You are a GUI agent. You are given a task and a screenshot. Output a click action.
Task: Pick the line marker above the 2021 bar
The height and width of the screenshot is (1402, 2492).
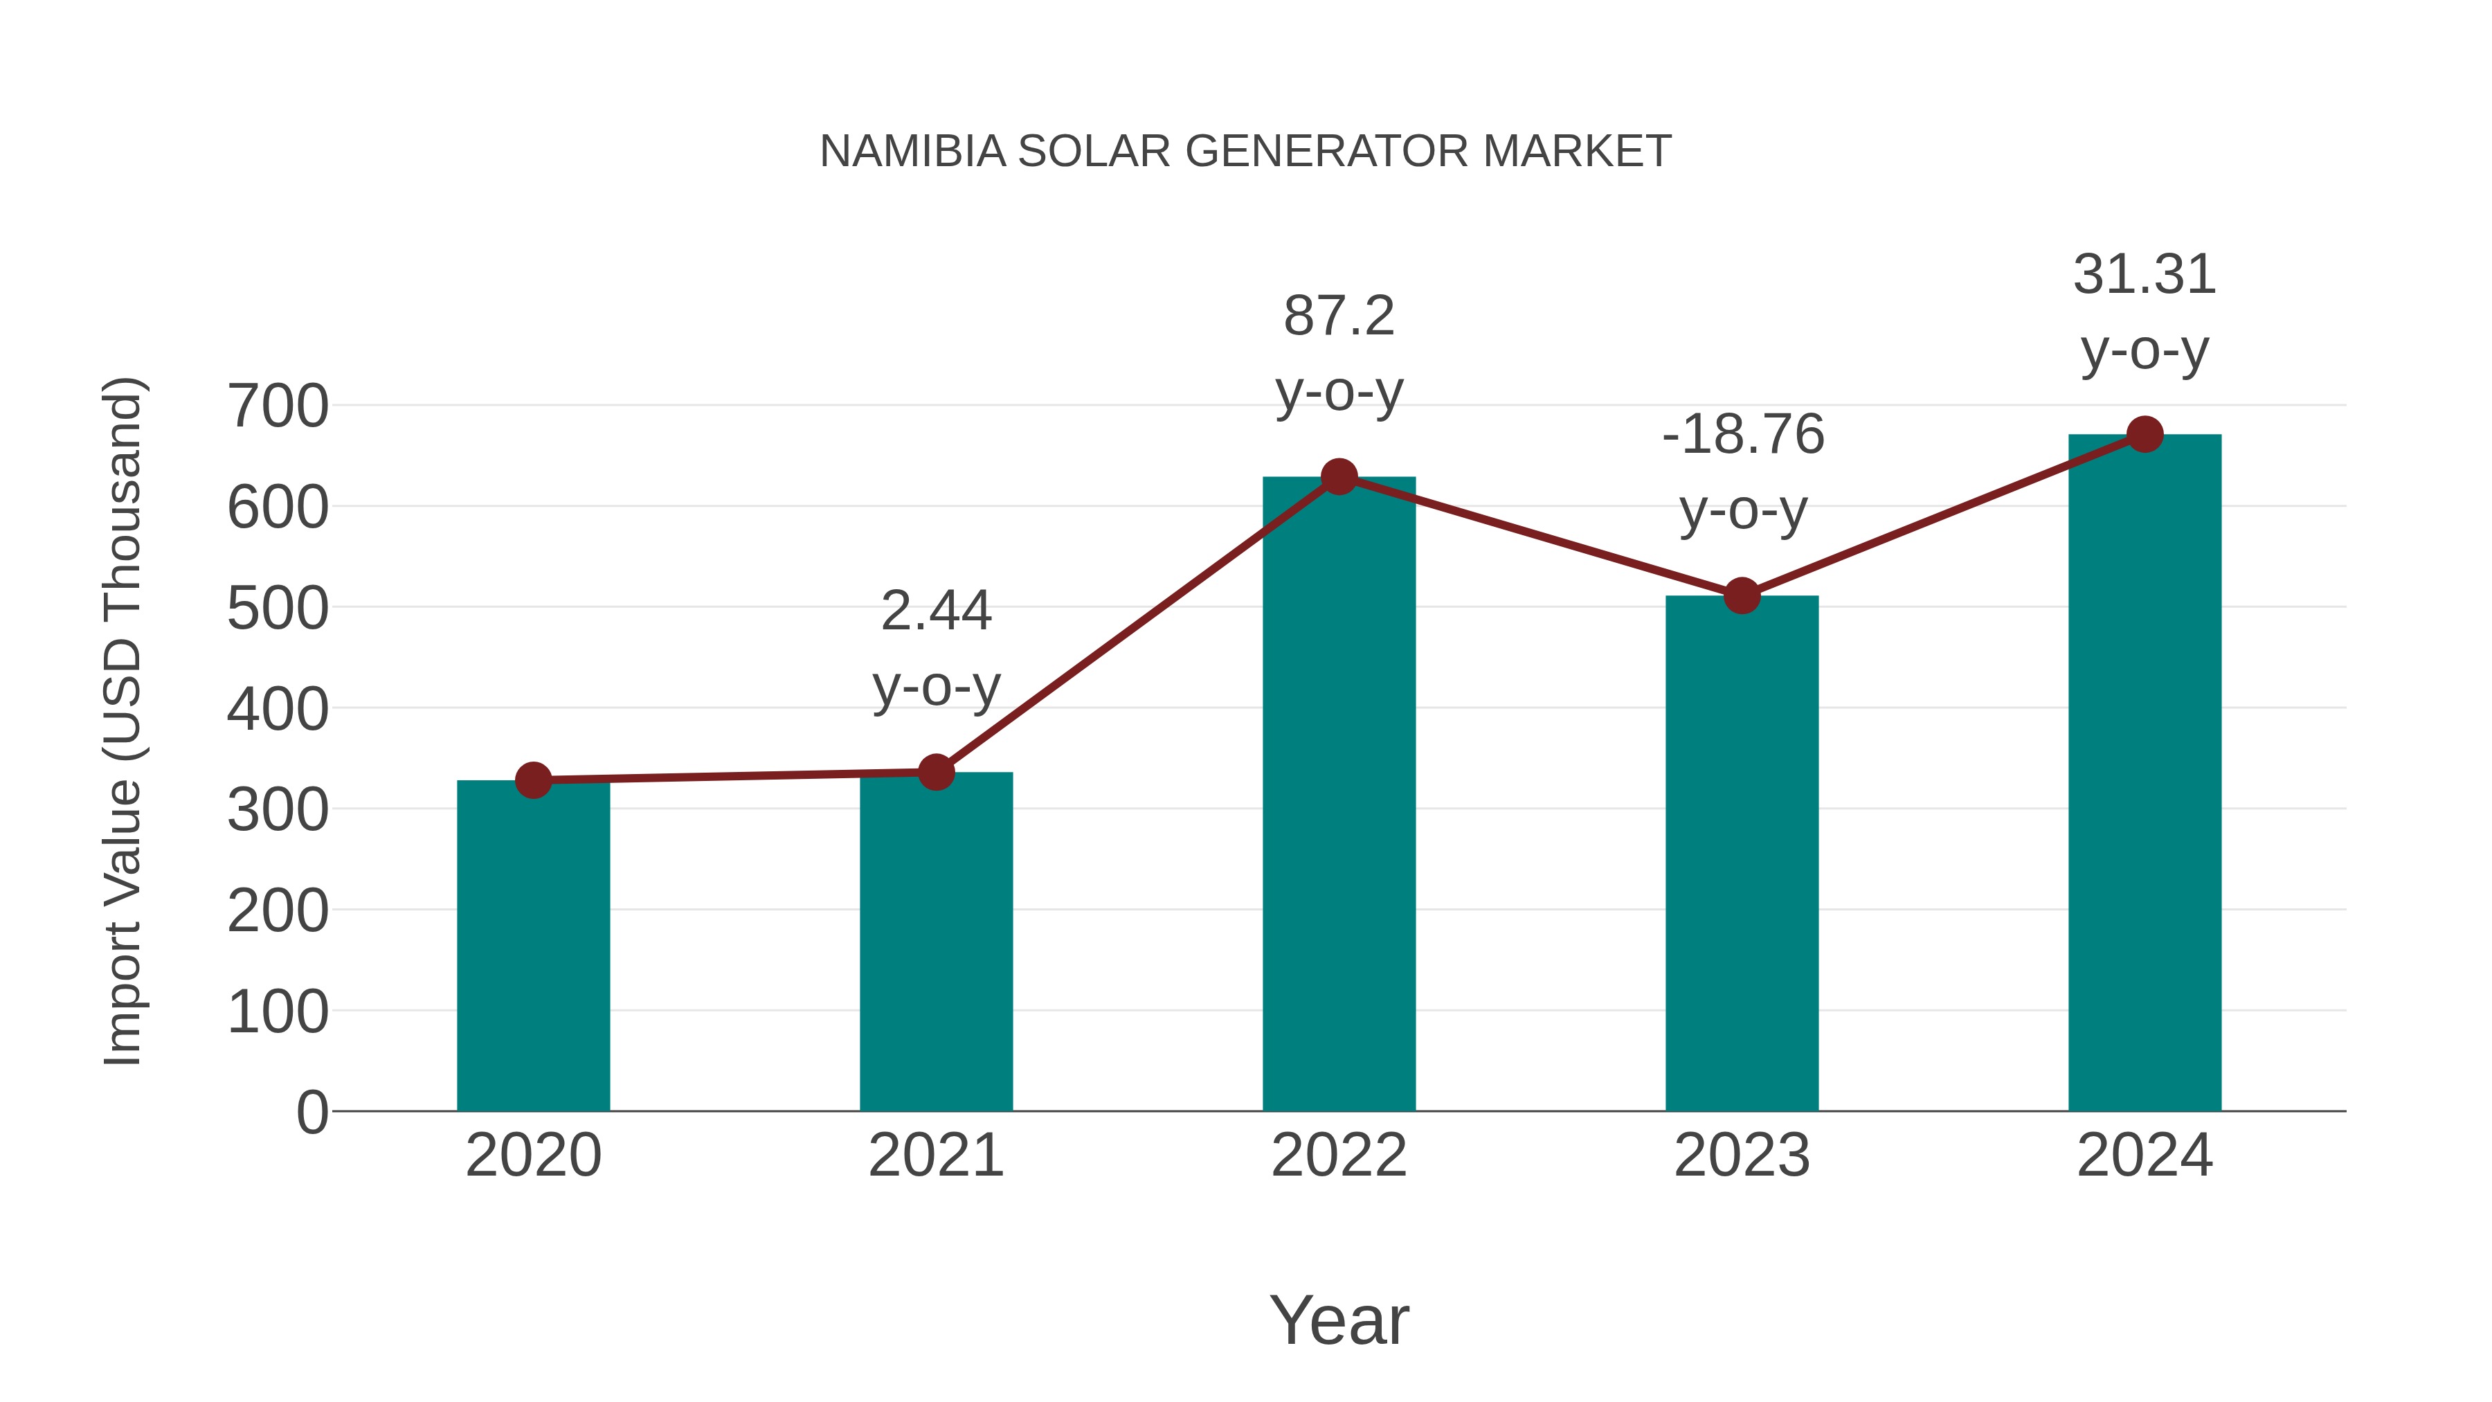pos(935,772)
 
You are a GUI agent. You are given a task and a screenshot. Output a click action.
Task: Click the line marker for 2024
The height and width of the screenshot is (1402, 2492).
pos(2145,434)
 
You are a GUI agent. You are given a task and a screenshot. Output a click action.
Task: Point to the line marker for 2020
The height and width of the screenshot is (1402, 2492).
pos(533,780)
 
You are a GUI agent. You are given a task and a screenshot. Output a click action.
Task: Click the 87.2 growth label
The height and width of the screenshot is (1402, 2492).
pos(1339,317)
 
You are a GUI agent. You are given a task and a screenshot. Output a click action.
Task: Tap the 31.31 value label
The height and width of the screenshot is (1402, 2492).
pos(2144,276)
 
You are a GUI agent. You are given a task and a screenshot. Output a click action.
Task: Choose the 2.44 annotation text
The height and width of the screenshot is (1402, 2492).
pos(935,611)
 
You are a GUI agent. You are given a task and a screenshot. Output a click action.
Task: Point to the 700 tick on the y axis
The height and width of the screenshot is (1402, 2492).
pos(278,406)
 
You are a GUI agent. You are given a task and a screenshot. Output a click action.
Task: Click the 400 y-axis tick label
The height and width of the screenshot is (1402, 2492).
pos(278,709)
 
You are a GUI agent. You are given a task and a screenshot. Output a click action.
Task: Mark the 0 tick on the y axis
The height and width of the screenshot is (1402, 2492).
pos(312,1113)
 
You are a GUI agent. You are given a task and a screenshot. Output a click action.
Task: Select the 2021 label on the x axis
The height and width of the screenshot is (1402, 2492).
pos(935,1156)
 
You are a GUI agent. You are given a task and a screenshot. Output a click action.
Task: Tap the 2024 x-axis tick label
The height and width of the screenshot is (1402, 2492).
pos(2144,1156)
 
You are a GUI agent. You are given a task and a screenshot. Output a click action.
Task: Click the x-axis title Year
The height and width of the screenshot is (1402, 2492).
pos(1339,1321)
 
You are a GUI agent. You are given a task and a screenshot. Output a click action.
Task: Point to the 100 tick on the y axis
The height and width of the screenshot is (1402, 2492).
pos(278,1013)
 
